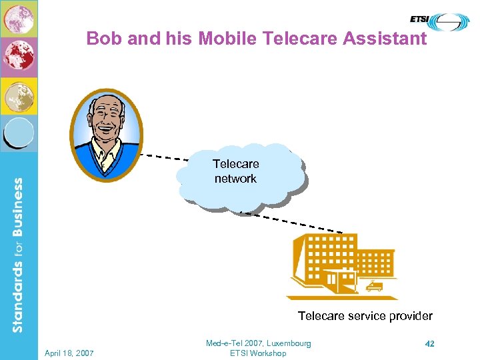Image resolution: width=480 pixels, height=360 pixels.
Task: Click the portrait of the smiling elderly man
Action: (x=107, y=135)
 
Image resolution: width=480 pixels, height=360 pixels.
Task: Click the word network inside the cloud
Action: (x=235, y=179)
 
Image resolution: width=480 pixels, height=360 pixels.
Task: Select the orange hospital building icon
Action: (x=340, y=265)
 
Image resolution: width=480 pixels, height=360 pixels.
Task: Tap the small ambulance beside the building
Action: (x=375, y=287)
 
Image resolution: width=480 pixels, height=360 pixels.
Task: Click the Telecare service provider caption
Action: (x=365, y=316)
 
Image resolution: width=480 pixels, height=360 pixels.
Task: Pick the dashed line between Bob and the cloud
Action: (x=167, y=157)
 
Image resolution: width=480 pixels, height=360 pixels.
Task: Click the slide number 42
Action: (x=429, y=343)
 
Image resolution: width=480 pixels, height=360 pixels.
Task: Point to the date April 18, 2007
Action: (x=69, y=352)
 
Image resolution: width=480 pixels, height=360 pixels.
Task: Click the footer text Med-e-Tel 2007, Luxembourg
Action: (x=258, y=343)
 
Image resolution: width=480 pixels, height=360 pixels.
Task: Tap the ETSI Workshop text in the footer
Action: (x=258, y=353)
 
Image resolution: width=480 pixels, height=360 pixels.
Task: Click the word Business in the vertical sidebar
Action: (x=17, y=206)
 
